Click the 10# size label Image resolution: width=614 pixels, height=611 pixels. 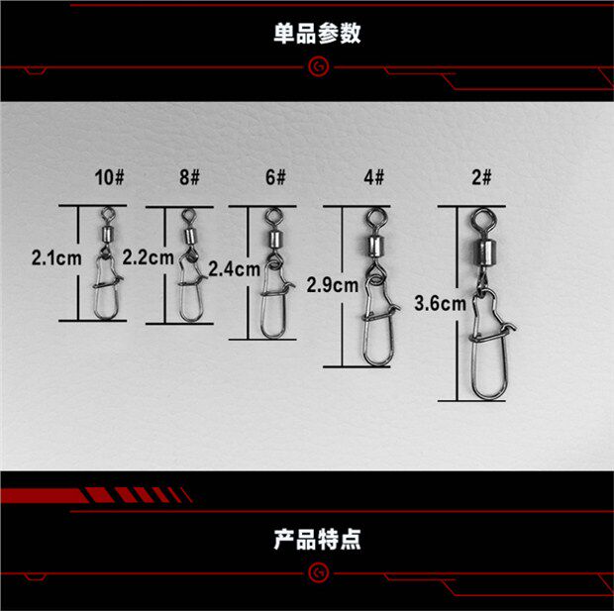tap(109, 178)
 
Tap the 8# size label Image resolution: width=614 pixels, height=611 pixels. tap(189, 178)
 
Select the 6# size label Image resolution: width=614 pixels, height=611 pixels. tap(273, 178)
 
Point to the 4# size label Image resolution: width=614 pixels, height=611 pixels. tap(372, 178)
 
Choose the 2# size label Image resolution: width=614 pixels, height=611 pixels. tap(481, 178)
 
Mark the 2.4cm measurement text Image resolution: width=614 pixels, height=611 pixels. tap(234, 266)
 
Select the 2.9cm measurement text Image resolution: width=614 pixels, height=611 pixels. tap(332, 285)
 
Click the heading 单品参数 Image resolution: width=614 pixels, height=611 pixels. tap(317, 34)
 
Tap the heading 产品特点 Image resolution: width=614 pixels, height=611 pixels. tap(317, 540)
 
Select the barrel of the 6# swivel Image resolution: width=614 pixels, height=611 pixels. tap(271, 238)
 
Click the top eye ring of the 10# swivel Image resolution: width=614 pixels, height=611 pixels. tap(108, 210)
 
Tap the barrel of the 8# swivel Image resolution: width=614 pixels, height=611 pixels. tap(189, 235)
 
